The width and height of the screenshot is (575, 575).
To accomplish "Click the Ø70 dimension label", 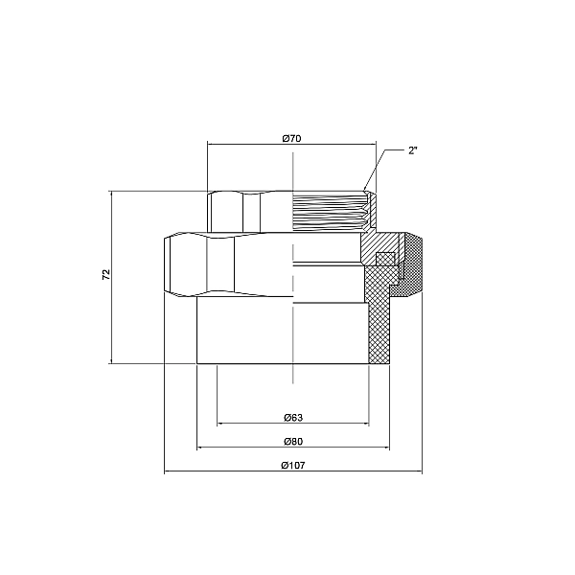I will pyautogui.click(x=292, y=139).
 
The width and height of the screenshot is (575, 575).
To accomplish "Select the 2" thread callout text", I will pyautogui.click(x=413, y=151).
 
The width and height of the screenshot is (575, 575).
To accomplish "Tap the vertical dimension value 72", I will pyautogui.click(x=106, y=275).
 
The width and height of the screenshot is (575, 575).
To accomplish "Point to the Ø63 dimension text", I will pyautogui.click(x=293, y=417).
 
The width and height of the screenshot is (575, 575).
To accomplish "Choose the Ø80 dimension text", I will pyautogui.click(x=293, y=441).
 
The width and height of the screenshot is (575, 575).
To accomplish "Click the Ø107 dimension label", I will pyautogui.click(x=293, y=466).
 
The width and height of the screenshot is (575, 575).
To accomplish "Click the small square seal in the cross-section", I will pyautogui.click(x=384, y=258).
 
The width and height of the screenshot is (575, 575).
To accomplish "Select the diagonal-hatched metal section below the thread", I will pyautogui.click(x=372, y=244).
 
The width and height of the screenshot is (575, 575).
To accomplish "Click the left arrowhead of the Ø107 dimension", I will pyautogui.click(x=167, y=472).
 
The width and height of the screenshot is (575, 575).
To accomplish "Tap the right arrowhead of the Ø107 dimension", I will pyautogui.click(x=420, y=472).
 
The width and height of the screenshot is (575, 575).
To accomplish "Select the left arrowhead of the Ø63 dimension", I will pyautogui.click(x=220, y=424).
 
